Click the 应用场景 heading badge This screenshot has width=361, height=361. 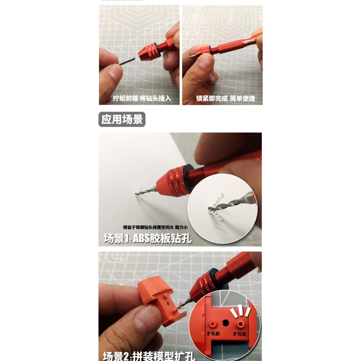(x=122, y=119)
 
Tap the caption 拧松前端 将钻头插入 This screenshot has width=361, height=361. (x=142, y=98)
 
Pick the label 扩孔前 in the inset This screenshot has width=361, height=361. (x=213, y=334)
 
